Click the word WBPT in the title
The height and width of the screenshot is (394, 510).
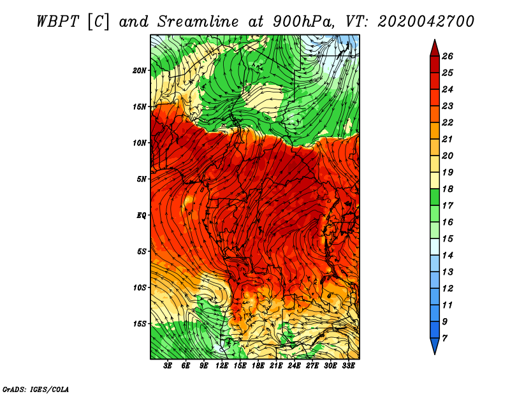coord(56,21)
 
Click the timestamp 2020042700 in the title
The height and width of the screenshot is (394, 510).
coord(426,21)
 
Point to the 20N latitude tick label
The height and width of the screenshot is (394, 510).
coord(140,70)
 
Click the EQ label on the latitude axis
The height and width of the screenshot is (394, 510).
coord(142,215)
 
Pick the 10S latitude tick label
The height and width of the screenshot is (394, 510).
coord(140,288)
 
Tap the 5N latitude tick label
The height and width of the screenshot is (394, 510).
coord(142,179)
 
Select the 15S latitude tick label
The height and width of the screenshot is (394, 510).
coord(140,324)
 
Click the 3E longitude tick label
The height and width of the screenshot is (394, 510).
coord(168,366)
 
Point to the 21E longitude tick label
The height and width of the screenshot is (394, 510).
coord(276,366)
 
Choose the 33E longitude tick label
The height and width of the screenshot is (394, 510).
coord(348,366)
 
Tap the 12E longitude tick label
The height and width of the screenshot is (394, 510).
coord(222,366)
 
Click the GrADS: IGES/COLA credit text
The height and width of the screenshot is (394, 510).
coord(36,389)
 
